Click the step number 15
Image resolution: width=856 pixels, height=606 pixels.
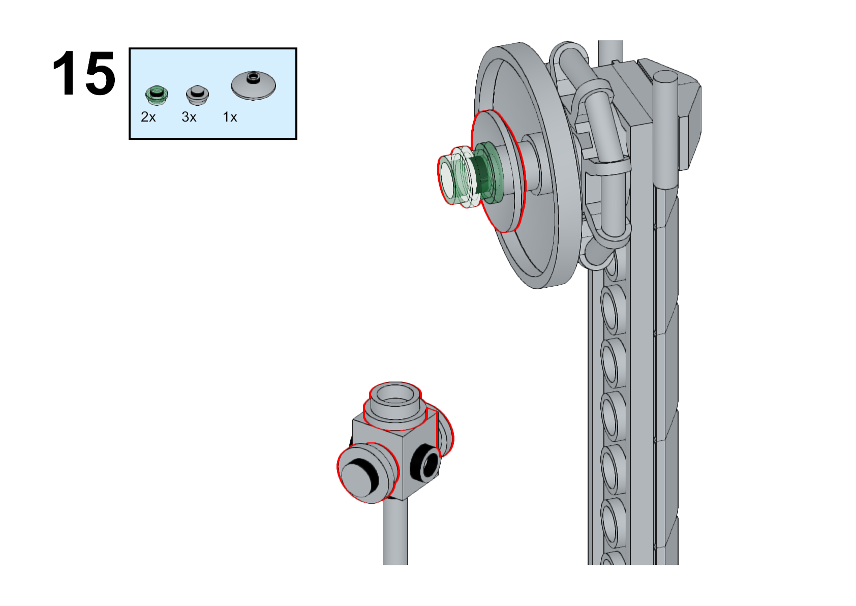[84, 73]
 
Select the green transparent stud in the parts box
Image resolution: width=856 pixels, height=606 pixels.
[157, 95]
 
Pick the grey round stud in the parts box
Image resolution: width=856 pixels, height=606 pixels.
[197, 95]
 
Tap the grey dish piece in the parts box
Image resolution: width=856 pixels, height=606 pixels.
[253, 85]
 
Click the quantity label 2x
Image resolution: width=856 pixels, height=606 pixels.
[148, 117]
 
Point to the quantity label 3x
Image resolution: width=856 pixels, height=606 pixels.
[189, 117]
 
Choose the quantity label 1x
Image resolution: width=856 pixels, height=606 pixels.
[230, 117]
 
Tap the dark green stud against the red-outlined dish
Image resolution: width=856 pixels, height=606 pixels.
[485, 172]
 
